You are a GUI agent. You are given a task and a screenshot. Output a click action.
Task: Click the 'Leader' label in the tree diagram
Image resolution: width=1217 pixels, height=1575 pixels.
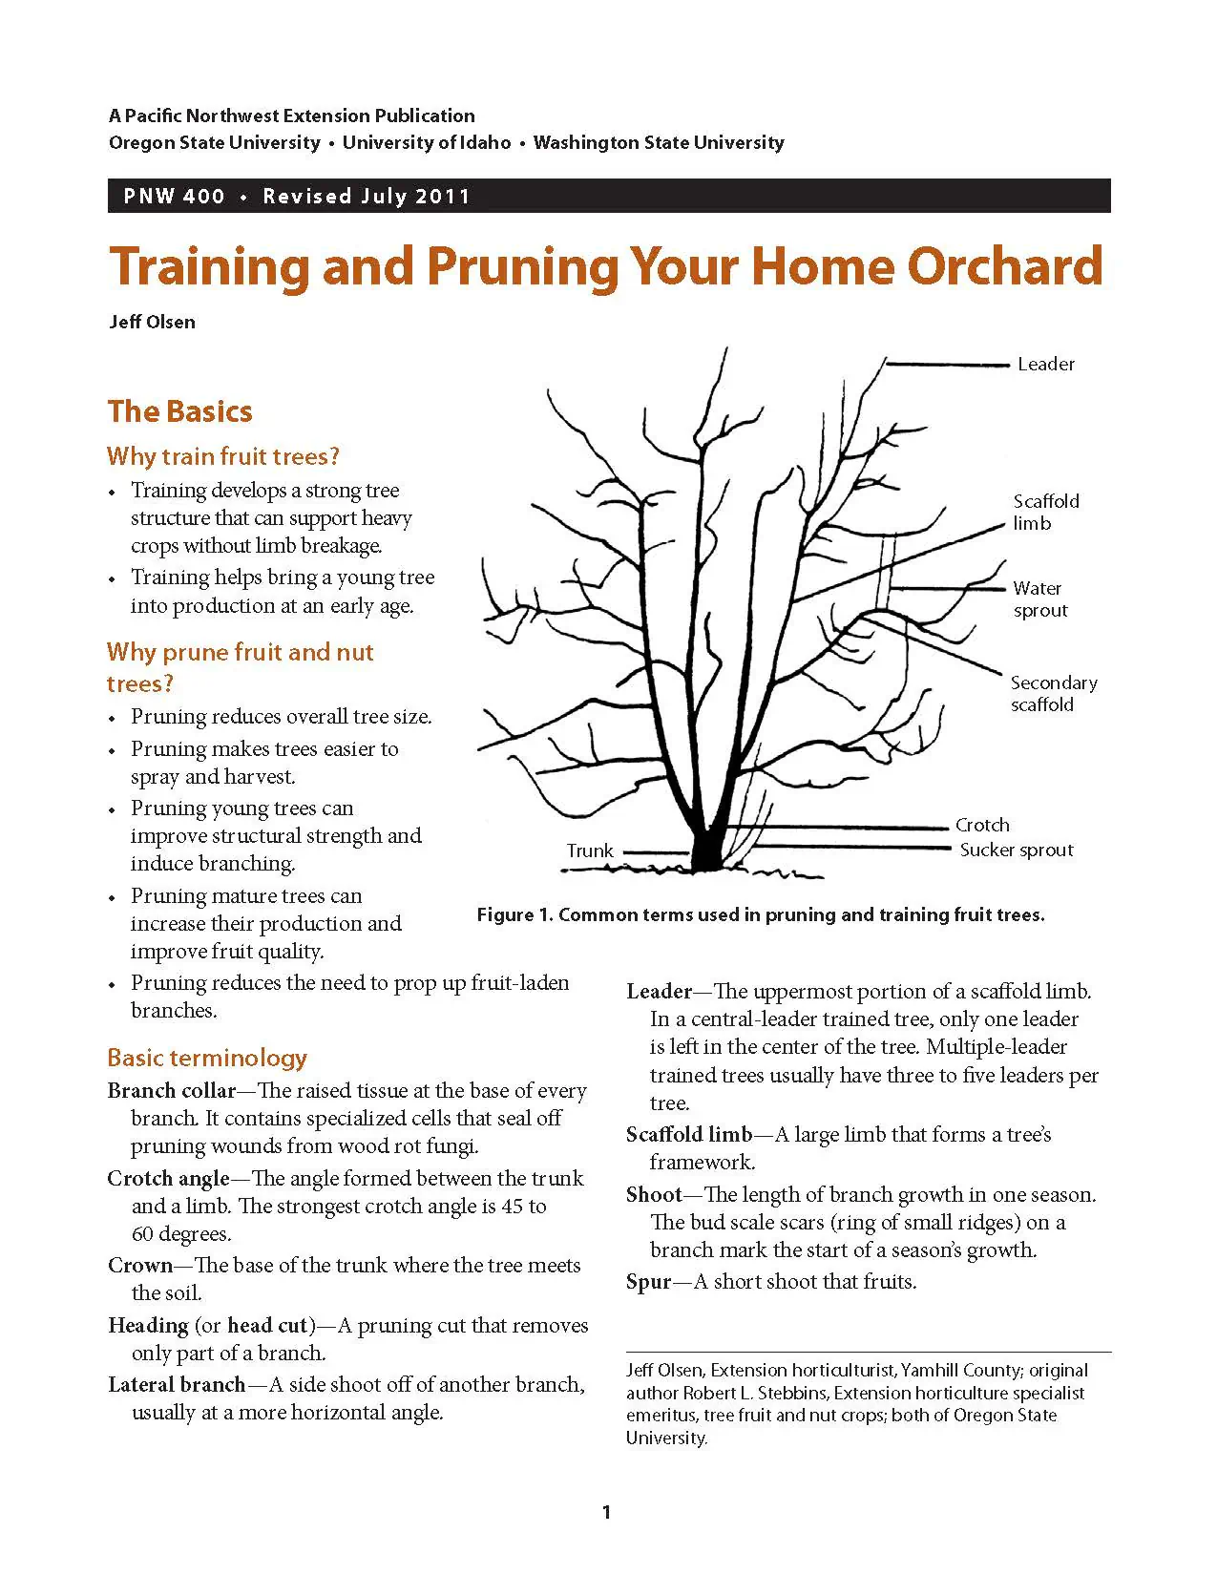[1045, 364]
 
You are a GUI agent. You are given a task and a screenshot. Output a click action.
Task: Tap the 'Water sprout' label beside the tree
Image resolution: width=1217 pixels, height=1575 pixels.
[1040, 598]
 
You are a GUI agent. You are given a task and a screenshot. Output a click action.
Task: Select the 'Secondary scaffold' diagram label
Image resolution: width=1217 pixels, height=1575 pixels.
[1054, 693]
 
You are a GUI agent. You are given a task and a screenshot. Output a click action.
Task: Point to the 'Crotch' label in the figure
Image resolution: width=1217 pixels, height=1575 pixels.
[982, 825]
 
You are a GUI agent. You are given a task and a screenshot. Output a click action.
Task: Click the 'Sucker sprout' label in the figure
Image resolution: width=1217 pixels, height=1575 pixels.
[1017, 850]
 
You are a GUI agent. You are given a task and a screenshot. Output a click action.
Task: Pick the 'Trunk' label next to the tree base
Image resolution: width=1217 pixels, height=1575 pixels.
[589, 850]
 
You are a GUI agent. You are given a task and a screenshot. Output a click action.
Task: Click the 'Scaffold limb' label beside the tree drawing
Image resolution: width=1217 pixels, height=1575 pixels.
[1046, 512]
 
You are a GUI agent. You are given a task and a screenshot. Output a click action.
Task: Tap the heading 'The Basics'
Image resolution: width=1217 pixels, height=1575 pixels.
[179, 411]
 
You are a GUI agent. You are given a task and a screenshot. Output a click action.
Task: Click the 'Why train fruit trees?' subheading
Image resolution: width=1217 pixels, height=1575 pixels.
[222, 456]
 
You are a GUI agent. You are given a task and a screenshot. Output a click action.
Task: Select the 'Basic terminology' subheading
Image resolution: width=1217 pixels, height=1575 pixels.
[207, 1059]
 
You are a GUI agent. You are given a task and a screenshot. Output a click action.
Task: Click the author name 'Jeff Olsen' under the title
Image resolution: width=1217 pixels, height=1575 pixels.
[152, 322]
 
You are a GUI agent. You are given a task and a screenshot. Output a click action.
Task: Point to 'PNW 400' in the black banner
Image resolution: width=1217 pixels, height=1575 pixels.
[174, 196]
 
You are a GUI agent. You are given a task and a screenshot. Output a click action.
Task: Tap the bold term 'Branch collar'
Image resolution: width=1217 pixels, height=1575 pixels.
[172, 1090]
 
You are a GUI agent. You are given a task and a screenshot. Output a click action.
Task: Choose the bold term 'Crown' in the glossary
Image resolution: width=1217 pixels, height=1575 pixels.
[140, 1266]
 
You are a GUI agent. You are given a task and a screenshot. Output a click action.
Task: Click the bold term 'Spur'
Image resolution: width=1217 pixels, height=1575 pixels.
[649, 1282]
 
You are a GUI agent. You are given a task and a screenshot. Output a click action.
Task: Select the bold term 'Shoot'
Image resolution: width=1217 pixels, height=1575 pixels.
[654, 1194]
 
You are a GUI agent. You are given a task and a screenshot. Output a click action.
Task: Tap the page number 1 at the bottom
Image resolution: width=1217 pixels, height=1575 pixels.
[607, 1512]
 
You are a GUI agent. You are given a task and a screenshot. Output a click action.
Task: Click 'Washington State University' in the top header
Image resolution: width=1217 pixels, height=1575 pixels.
[659, 142]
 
